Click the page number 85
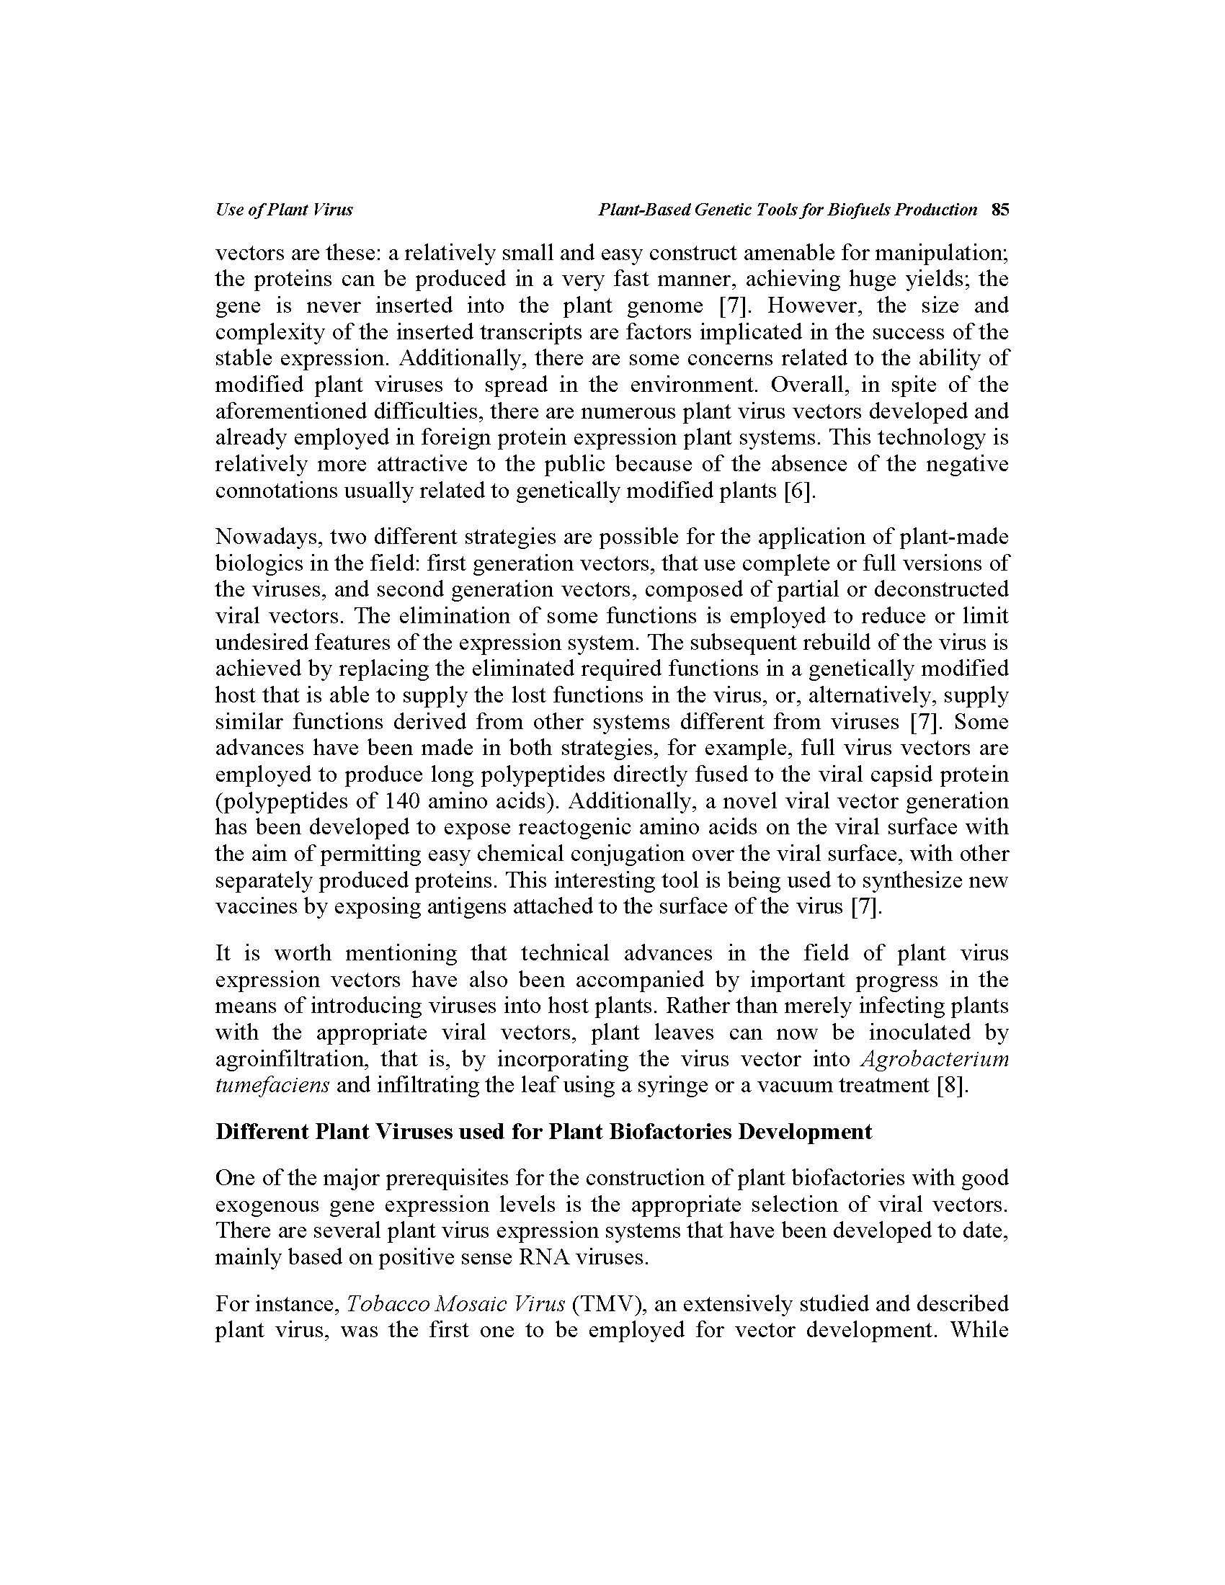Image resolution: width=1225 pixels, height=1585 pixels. click(x=1000, y=210)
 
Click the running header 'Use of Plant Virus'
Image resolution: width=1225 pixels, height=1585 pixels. click(x=284, y=210)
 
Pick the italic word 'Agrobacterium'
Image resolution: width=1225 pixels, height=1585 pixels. click(x=935, y=1060)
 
